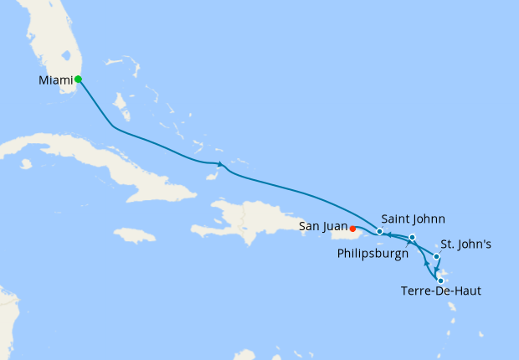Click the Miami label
point(55,80)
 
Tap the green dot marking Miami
point(78,80)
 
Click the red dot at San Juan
point(353,228)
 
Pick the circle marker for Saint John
point(380,231)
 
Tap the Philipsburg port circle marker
point(413,238)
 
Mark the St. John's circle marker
point(436,256)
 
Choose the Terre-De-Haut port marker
point(440,280)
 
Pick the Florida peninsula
point(50,42)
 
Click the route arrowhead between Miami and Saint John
point(219,163)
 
